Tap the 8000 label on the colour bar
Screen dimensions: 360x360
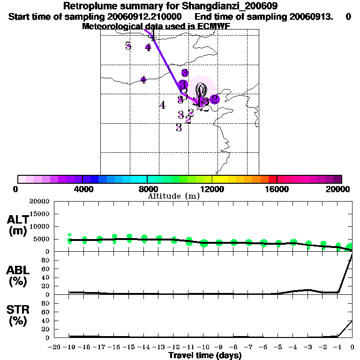pyautogui.click(x=147, y=189)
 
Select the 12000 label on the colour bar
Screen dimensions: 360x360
pyautogui.click(x=212, y=189)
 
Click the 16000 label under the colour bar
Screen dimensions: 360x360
pyautogui.click(x=277, y=189)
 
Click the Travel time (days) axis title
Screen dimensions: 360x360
pyautogui.click(x=205, y=355)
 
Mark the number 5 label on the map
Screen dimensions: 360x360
pyautogui.click(x=128, y=46)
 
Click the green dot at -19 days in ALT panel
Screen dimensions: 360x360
pyautogui.click(x=69, y=240)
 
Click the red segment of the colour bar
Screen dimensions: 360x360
pyautogui.click(x=273, y=179)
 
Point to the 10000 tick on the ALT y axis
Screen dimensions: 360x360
pyautogui.click(x=39, y=226)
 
